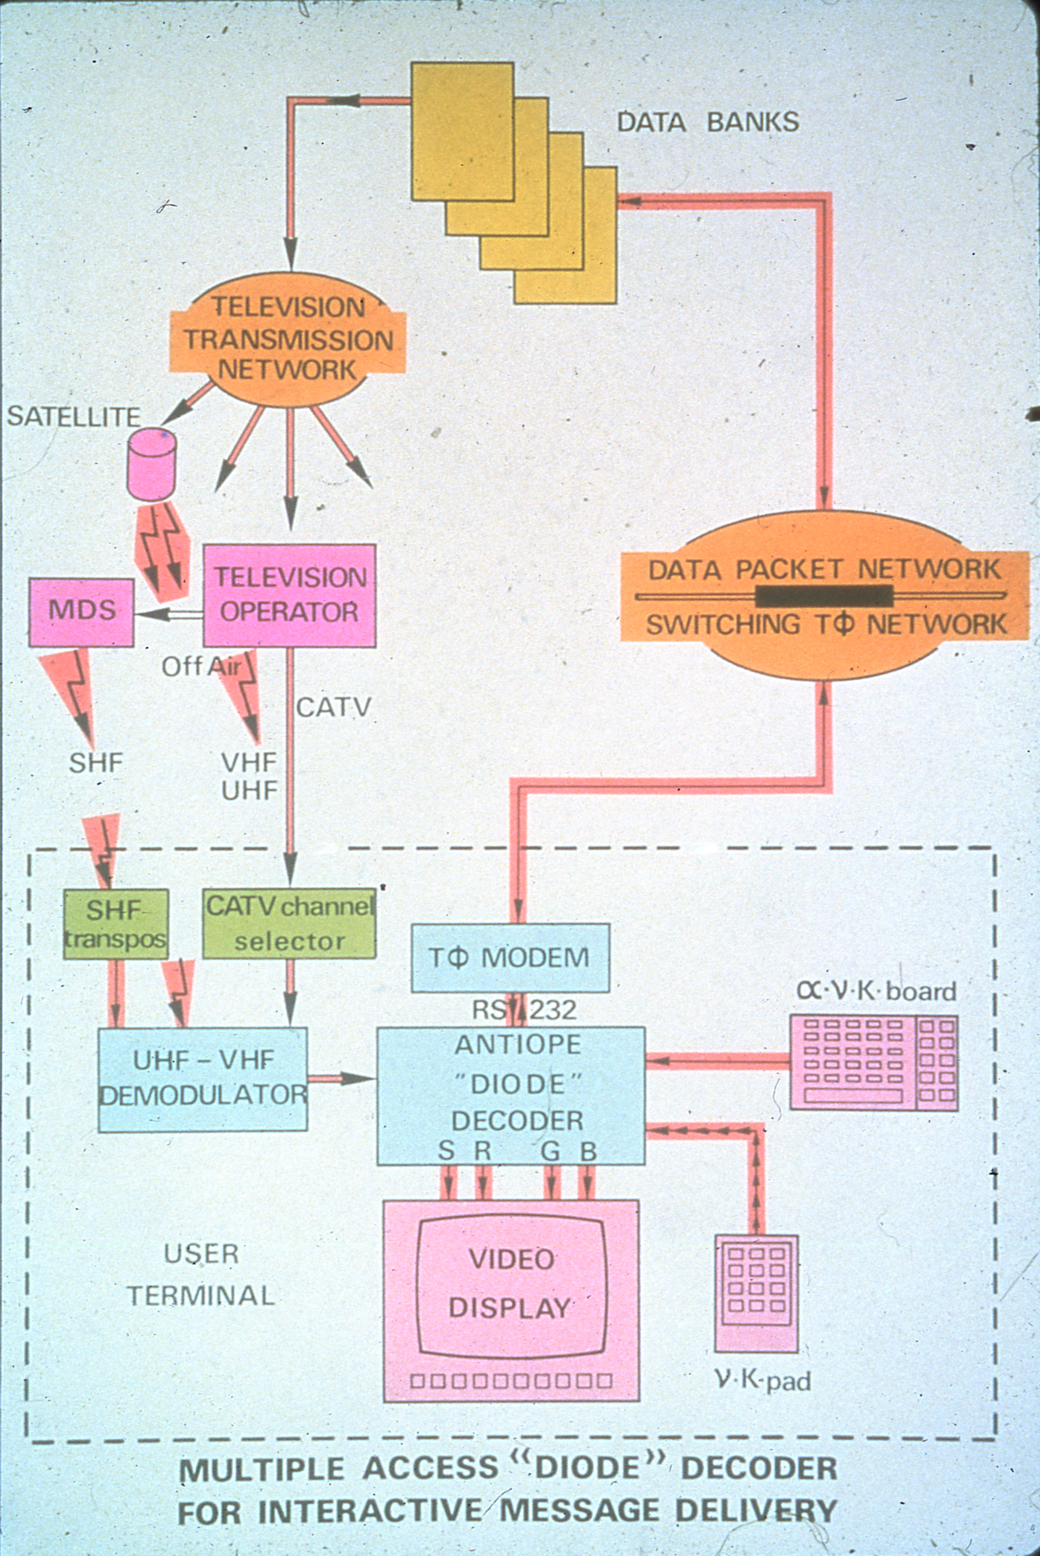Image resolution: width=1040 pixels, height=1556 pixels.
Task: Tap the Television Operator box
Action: tap(289, 595)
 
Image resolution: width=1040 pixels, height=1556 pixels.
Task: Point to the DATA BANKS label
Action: tap(708, 122)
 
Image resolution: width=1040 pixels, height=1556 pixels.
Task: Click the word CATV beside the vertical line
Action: tap(333, 707)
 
